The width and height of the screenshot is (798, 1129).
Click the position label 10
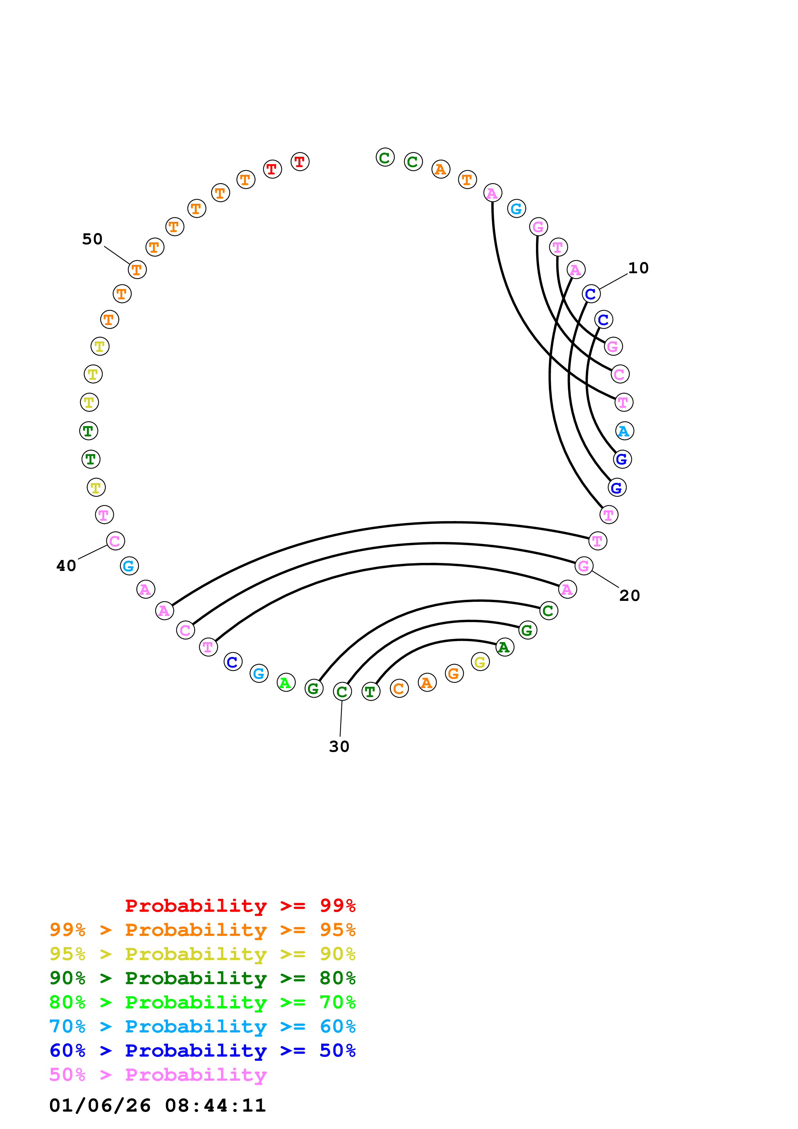pos(638,268)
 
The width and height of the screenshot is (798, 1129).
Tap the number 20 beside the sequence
pos(629,595)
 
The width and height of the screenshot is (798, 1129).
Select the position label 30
pos(339,746)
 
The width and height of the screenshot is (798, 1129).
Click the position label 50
pos(92,239)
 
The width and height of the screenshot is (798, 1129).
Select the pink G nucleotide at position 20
pos(584,566)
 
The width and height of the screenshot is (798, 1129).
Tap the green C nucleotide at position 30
pos(342,691)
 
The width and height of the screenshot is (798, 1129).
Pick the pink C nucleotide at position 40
pos(115,541)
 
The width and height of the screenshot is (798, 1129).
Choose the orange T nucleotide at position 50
pos(137,269)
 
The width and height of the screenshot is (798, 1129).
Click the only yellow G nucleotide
pos(480,662)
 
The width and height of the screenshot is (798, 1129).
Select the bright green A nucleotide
pos(286,683)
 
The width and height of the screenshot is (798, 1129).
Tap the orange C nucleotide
pos(399,688)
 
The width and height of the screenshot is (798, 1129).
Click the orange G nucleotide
pos(454,673)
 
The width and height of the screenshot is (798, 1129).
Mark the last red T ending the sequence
pos(299,162)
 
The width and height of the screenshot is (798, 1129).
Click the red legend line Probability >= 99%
pos(240,906)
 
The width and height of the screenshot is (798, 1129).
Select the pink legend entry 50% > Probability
pos(157,1075)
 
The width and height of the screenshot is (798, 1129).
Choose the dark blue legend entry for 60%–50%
pos(202,1051)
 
